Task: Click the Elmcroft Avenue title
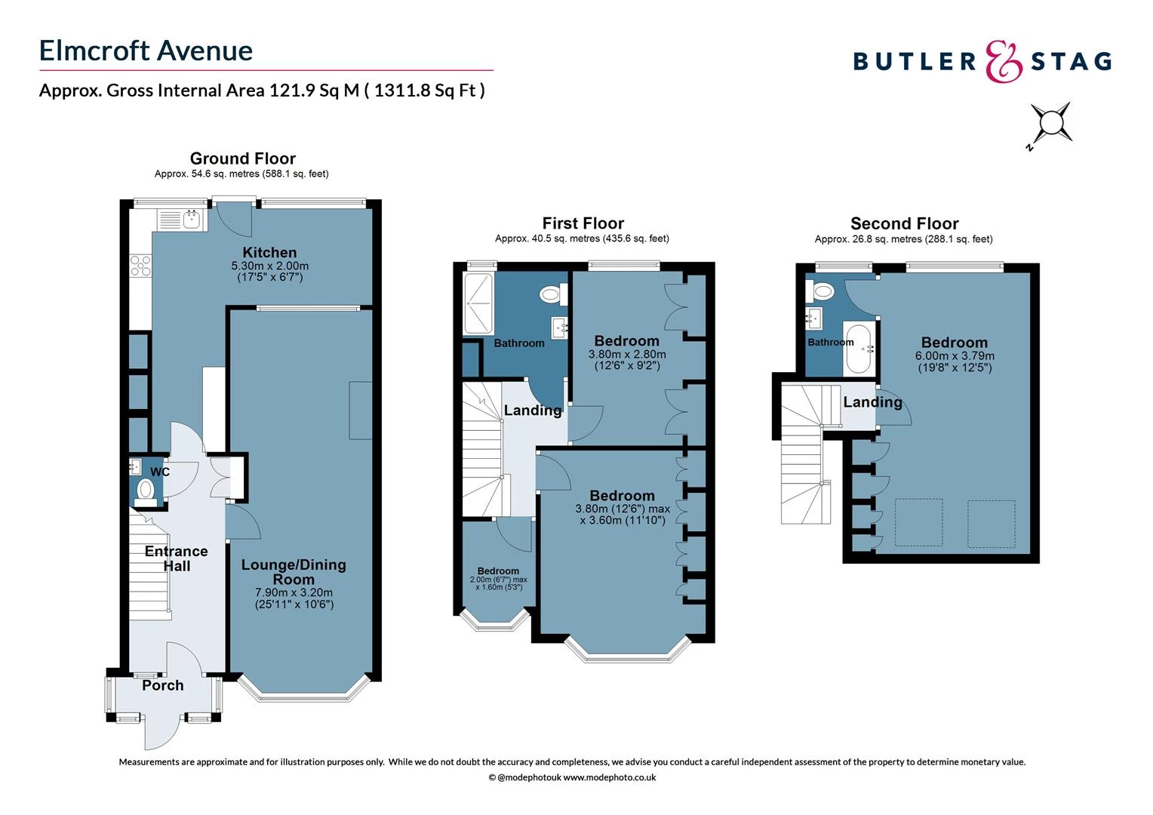146,51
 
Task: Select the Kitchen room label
269,252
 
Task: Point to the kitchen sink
191,220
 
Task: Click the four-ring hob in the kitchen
140,265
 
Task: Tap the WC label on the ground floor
160,472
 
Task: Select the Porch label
163,685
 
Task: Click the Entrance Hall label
176,558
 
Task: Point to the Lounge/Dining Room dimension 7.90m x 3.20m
294,592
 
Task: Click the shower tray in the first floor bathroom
478,303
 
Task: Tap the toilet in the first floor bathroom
553,294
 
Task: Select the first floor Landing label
533,411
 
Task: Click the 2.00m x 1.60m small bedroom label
498,579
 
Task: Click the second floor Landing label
872,402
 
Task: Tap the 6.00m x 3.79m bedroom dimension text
955,356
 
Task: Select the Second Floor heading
904,223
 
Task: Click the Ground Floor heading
242,158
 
